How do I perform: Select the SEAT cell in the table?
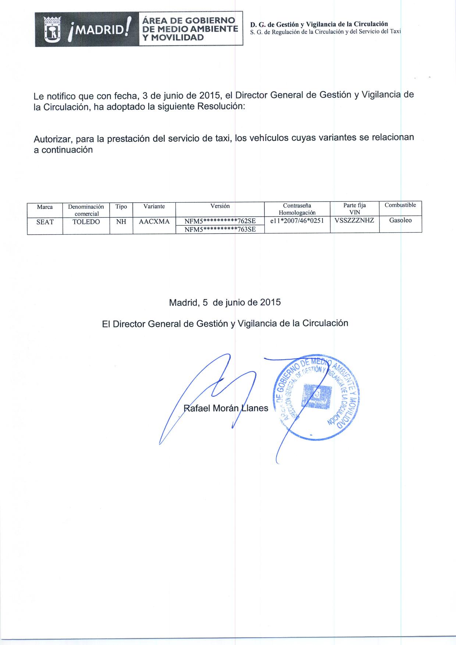pos(45,222)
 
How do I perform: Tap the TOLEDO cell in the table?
pos(86,222)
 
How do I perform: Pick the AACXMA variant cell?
pos(154,222)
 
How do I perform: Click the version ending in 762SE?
pos(220,221)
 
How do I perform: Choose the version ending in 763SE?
pos(220,229)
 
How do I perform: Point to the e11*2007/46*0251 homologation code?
pos(297,221)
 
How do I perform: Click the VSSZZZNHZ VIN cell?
pos(355,221)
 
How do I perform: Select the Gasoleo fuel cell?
pos(400,221)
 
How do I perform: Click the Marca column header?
pos(45,207)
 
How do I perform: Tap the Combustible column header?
pos(400,205)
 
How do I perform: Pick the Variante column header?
pos(154,207)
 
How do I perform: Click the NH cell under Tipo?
pos(121,222)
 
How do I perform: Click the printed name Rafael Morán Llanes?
pos(226,408)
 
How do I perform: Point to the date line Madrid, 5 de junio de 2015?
pos(225,303)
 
